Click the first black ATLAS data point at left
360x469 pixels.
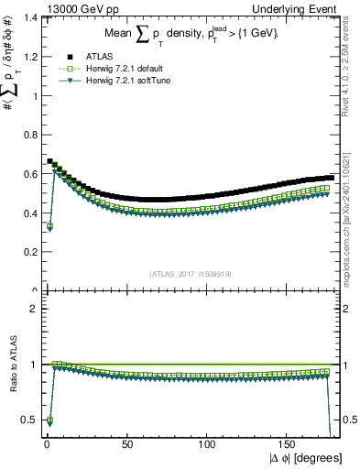(x=49, y=161)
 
